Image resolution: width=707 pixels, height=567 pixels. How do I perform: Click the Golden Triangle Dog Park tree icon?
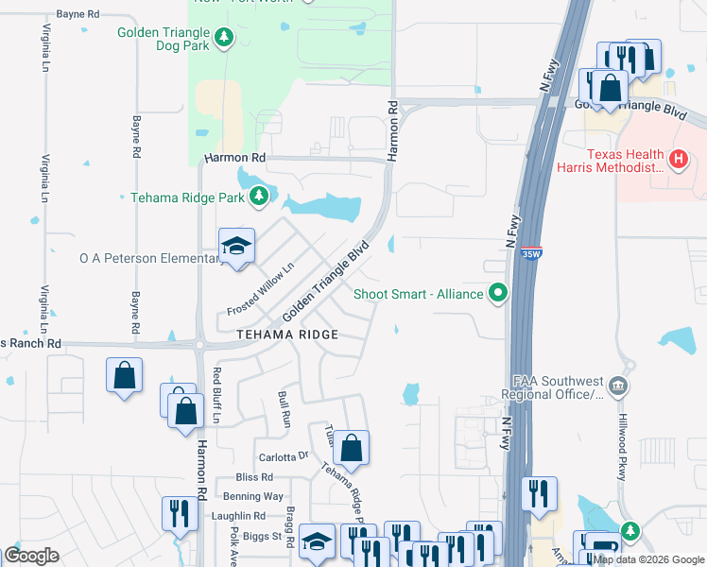click(x=224, y=38)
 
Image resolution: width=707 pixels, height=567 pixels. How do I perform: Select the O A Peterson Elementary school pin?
click(x=236, y=248)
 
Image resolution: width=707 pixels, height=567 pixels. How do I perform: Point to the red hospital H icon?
click(x=678, y=160)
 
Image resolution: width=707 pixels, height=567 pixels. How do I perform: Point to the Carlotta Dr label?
click(x=284, y=455)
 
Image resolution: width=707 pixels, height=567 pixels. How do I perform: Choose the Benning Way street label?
click(x=253, y=496)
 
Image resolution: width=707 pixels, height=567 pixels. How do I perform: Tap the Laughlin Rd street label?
click(x=238, y=516)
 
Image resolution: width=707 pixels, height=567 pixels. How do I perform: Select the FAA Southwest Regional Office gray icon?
click(x=618, y=385)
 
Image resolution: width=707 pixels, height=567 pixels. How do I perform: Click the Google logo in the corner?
click(x=32, y=556)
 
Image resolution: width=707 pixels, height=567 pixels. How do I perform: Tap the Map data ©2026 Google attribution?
click(x=648, y=559)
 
